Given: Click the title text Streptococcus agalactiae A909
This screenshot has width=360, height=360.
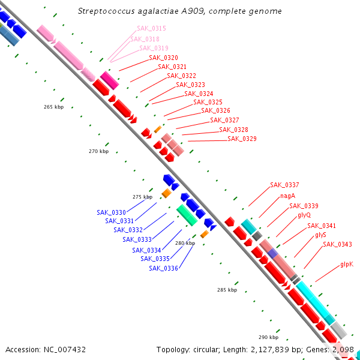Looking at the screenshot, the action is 142,11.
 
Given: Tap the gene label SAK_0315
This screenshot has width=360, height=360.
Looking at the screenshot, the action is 151,28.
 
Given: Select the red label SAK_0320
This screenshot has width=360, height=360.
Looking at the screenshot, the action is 163,58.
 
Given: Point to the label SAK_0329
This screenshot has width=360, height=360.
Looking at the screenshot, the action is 242,139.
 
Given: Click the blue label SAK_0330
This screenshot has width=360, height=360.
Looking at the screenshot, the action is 111,212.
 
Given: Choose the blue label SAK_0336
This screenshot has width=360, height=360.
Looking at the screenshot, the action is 163,268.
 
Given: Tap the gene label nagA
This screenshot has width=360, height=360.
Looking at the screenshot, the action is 287,196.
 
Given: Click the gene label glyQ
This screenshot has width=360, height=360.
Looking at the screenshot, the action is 304,215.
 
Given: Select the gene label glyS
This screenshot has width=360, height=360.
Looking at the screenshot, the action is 321,235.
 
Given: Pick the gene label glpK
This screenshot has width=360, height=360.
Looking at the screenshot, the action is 347,265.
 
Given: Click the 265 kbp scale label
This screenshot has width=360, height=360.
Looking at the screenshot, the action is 54,107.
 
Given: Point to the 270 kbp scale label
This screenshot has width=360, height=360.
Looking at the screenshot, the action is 99,151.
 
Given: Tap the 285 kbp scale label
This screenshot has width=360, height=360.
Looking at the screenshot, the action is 227,290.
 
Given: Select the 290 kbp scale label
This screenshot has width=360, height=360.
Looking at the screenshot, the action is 268,337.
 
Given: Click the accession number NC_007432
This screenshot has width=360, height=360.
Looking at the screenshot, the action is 65,350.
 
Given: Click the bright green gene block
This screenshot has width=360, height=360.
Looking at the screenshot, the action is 187,215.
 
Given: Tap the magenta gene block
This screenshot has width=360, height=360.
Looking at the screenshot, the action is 110,80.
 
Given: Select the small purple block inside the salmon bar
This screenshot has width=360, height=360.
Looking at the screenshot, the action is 273,253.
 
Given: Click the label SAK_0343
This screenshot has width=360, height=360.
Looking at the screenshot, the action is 337,245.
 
